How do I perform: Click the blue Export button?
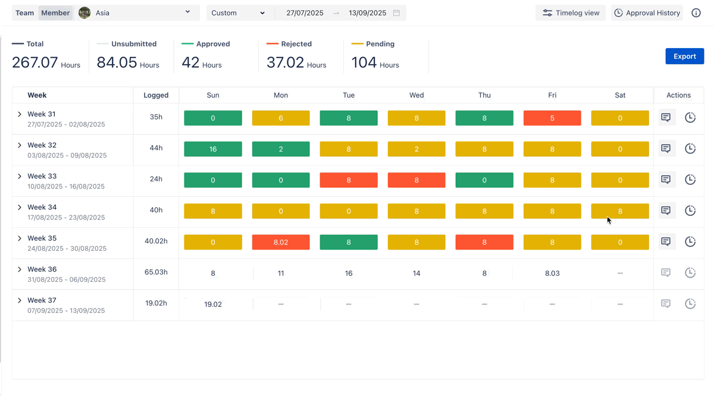(x=684, y=56)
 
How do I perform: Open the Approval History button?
(x=647, y=13)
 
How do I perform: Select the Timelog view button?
(x=571, y=13)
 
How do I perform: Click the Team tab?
(x=24, y=13)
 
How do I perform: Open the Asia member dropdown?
(x=137, y=13)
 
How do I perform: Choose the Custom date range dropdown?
(x=239, y=13)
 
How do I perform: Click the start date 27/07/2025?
(x=305, y=13)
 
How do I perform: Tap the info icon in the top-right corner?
(x=696, y=13)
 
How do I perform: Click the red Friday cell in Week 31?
(x=552, y=118)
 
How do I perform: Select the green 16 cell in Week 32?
(x=213, y=149)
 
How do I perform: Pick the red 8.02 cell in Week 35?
(x=281, y=242)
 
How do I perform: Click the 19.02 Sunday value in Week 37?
(x=213, y=304)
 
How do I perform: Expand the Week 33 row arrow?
(x=20, y=177)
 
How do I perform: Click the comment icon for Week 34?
(x=666, y=210)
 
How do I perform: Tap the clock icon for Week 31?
(x=690, y=118)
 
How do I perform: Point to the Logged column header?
(x=156, y=95)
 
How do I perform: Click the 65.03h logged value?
(x=156, y=272)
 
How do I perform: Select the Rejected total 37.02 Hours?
(x=296, y=62)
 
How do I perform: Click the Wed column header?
(x=416, y=95)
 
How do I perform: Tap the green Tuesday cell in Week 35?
(x=349, y=242)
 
